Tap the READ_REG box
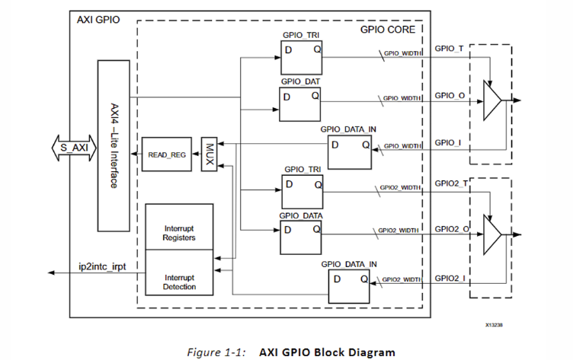167,155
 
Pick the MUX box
210,155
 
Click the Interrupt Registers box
179,232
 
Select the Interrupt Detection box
179,282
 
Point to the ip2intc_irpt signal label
102,267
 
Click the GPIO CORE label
388,30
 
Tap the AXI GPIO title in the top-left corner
99,19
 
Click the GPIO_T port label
449,49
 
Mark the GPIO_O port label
450,96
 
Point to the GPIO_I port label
448,142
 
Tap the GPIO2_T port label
451,183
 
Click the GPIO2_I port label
451,278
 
